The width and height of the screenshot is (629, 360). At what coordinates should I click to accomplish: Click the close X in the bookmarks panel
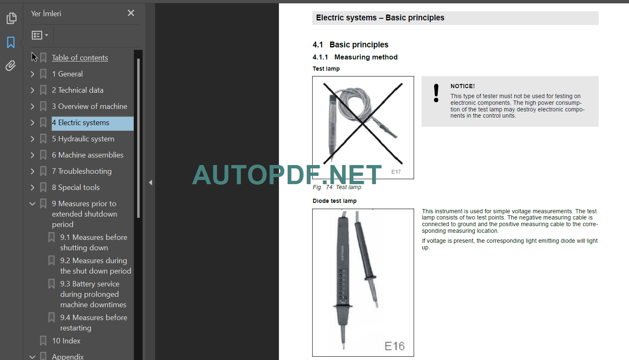point(131,13)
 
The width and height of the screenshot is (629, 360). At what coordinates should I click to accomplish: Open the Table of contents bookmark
point(80,58)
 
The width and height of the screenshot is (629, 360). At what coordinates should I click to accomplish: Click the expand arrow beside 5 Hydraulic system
point(32,139)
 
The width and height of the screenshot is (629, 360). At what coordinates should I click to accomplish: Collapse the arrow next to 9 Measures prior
point(32,204)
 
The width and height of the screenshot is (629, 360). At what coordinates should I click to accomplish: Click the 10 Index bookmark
point(66,341)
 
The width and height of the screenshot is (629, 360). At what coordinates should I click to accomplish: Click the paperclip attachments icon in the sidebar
point(11,66)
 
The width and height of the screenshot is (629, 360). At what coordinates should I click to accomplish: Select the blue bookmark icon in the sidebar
point(11,42)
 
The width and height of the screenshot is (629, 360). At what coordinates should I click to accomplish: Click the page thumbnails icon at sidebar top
point(11,18)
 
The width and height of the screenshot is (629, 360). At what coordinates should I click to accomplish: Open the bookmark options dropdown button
point(40,35)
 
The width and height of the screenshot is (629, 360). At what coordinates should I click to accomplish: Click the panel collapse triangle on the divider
point(150,182)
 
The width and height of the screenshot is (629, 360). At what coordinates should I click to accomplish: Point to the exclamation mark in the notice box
point(436,93)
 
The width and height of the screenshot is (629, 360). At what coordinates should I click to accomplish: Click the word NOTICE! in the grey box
point(462,86)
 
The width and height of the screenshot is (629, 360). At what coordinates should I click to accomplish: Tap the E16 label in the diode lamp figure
point(394,346)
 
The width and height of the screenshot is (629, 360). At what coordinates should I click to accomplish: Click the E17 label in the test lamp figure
point(396,172)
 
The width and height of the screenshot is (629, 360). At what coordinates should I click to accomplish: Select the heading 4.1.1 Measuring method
point(355,57)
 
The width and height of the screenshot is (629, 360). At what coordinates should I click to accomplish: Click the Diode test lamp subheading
point(334,201)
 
